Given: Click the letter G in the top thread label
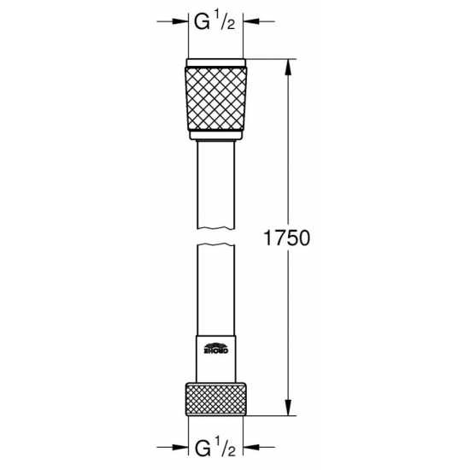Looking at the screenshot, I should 203,22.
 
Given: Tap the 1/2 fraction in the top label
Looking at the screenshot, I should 224,22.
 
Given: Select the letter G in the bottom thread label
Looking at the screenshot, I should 203,449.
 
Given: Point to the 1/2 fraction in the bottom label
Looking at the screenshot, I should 224,449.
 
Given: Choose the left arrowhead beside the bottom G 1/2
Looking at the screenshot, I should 181,447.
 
